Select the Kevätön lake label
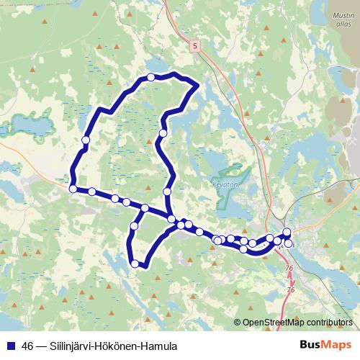226,184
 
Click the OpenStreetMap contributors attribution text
297,323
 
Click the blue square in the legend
12,346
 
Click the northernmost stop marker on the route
150,77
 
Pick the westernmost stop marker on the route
73,189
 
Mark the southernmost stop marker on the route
135,264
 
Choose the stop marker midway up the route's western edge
86,140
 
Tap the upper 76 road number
290,269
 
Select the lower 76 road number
291,289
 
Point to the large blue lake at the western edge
25,125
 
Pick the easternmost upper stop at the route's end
287,232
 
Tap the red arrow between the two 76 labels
291,279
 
